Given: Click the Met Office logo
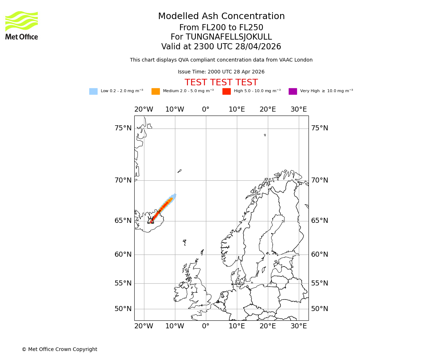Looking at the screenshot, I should point(22,25).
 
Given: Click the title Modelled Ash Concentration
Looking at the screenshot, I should point(221,16).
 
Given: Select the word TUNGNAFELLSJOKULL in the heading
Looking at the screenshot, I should point(229,37).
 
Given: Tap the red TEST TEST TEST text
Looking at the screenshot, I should point(221,82).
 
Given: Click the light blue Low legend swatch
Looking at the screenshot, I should point(93,91).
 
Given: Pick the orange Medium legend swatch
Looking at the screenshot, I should point(156,91).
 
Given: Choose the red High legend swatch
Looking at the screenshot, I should point(226,91).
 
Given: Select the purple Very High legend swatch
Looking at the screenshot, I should point(293,91).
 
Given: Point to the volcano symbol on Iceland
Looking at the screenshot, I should point(151,220).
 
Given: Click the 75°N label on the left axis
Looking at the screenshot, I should point(123,128).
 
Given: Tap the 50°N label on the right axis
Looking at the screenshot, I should point(320,309).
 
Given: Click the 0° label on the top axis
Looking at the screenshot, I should point(206,109).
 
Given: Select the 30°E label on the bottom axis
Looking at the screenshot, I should point(299,326).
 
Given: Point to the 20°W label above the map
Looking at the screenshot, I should point(144,109).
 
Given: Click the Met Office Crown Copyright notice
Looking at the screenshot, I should point(59,349).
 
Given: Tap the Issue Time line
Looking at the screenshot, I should point(221,72).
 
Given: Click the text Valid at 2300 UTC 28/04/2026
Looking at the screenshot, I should point(221,47).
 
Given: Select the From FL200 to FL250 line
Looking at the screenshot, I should point(221,28).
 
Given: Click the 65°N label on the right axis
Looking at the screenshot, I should point(320,221).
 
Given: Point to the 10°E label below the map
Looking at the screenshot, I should point(237,326).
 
